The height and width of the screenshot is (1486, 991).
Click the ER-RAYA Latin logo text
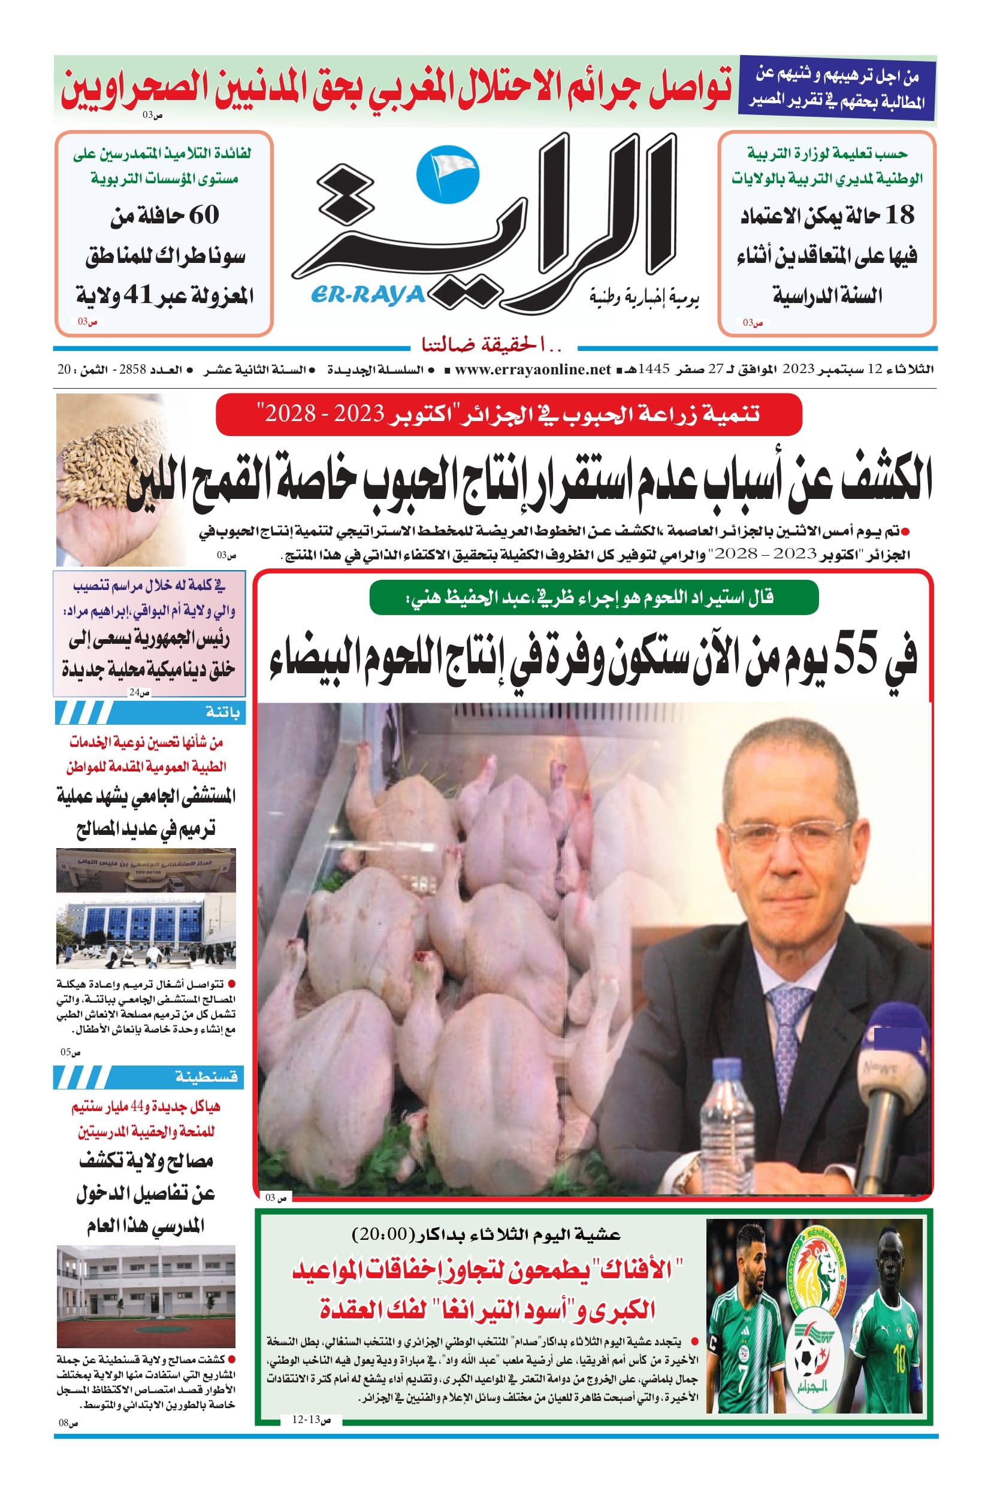[368, 295]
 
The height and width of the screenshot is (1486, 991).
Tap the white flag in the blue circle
[449, 170]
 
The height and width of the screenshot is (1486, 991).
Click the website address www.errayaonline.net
[532, 370]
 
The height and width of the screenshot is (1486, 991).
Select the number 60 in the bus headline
[204, 215]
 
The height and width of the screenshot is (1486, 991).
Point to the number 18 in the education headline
[899, 216]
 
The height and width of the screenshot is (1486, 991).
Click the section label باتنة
[222, 713]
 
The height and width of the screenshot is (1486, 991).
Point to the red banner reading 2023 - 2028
[509, 414]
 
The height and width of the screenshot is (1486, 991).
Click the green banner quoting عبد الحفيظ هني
[594, 597]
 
